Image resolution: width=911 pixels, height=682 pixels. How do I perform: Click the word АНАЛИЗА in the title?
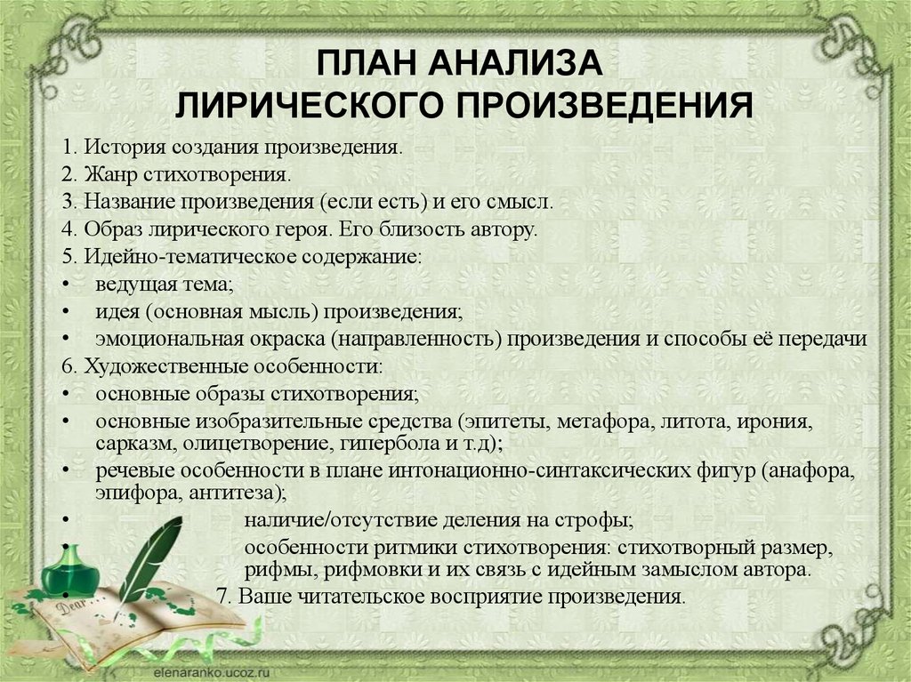pyautogui.click(x=515, y=63)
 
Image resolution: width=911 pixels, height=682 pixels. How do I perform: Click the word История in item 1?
pyautogui.click(x=120, y=147)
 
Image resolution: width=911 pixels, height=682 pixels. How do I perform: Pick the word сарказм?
pyautogui.click(x=135, y=445)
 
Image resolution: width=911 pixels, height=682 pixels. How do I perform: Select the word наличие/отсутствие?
pyautogui.click(x=341, y=520)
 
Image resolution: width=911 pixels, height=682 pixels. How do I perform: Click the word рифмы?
pyautogui.click(x=279, y=570)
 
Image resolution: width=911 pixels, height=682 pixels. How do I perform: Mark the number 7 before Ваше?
pyautogui.click(x=222, y=597)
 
